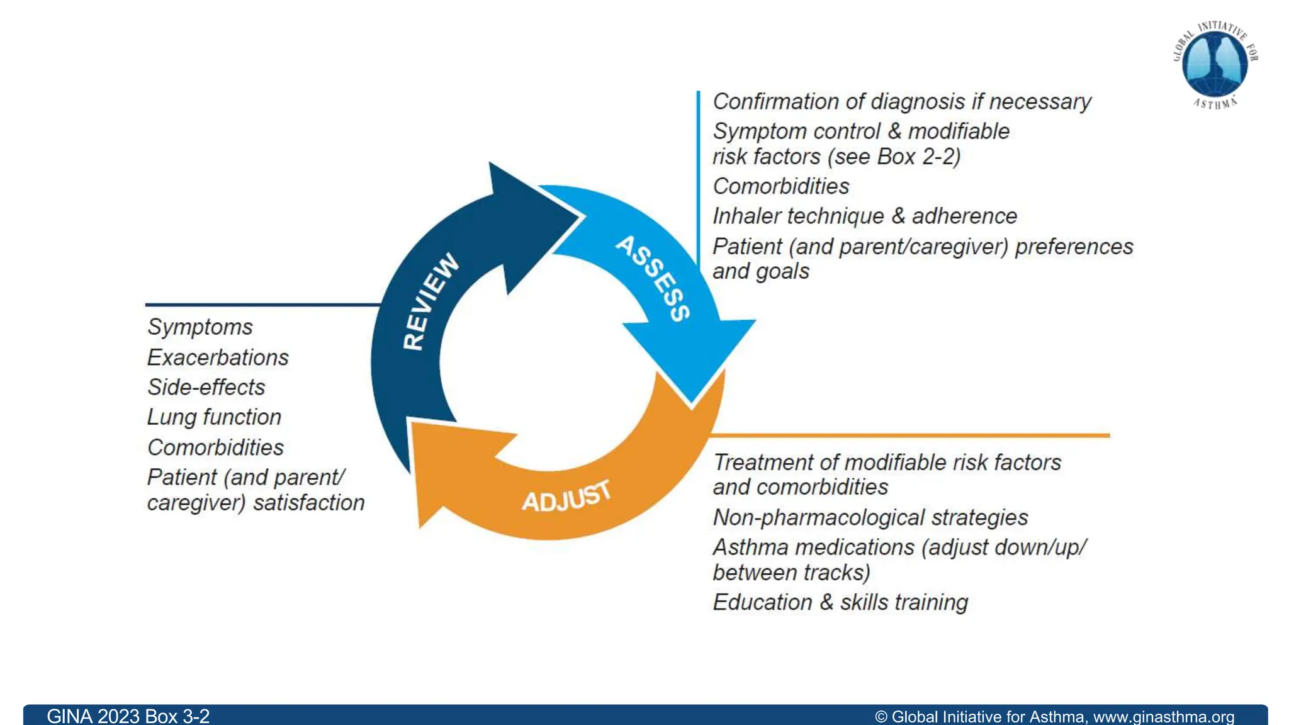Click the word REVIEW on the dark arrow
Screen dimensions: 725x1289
431,301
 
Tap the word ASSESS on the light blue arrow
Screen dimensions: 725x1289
653,278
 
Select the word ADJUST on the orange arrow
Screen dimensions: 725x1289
566,497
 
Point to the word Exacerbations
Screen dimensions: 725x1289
218,357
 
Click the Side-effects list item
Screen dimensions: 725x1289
206,387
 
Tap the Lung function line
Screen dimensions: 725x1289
214,417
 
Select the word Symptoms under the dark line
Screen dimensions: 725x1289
200,327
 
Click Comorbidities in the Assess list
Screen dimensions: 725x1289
781,186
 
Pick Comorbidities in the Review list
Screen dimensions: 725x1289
216,447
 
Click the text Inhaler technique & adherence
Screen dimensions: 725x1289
865,216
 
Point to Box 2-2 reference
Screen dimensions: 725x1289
918,157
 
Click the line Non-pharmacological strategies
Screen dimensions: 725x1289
870,517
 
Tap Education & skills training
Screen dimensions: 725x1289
840,602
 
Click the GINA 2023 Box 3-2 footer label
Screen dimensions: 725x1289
128,716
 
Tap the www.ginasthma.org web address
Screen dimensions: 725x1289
1163,717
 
